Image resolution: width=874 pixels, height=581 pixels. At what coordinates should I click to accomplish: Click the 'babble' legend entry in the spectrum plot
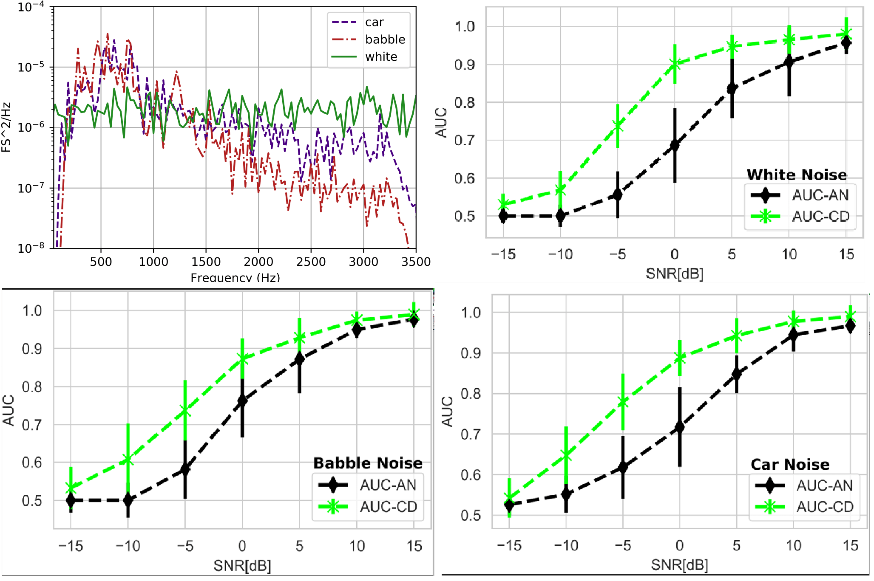click(385, 39)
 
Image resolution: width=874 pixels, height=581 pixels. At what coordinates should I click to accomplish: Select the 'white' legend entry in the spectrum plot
click(381, 57)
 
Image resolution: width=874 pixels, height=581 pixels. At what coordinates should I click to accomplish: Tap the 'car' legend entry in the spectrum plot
click(374, 22)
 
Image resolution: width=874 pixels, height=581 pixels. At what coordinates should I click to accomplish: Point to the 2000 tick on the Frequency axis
click(258, 262)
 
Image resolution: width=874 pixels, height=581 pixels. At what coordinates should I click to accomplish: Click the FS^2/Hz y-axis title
click(6, 127)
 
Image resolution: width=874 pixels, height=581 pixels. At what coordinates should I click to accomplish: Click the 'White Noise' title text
click(797, 175)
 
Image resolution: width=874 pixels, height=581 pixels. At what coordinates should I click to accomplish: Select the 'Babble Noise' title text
click(368, 463)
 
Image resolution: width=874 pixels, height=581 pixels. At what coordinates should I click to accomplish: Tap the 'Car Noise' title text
click(790, 464)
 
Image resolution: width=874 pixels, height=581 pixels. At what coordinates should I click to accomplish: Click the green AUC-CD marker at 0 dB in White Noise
click(675, 64)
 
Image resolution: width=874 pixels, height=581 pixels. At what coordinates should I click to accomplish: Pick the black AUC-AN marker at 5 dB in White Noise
click(732, 89)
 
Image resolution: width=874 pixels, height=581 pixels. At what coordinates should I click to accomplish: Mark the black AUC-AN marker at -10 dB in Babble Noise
click(128, 500)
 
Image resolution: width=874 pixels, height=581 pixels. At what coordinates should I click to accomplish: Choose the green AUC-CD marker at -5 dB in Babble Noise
click(185, 411)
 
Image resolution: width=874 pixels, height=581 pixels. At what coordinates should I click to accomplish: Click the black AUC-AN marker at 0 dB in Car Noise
click(680, 427)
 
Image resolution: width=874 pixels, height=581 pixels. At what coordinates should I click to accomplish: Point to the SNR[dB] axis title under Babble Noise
click(242, 566)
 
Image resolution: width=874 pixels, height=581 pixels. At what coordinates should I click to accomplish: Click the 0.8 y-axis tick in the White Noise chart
click(465, 102)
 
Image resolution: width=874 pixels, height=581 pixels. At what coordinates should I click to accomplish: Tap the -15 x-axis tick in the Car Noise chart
click(509, 546)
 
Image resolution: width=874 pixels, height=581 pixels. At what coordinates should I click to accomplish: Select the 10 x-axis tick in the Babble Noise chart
click(357, 546)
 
